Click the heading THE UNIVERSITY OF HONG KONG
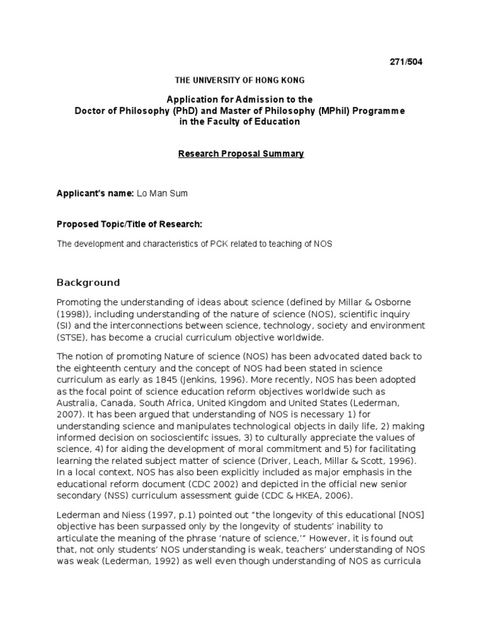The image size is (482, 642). [240, 81]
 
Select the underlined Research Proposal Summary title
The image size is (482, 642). [241, 154]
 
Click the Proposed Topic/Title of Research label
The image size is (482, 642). [130, 224]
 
